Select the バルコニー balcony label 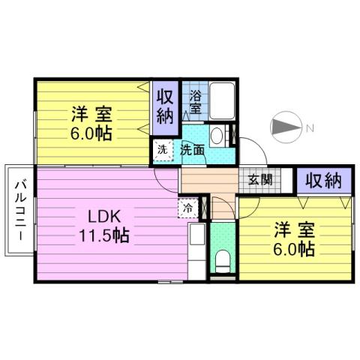pyautogui.click(x=20, y=209)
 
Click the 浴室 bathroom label pyautogui.click(x=195, y=102)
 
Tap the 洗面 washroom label pyautogui.click(x=192, y=149)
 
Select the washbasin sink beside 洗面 pyautogui.click(x=217, y=137)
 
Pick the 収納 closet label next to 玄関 pyautogui.click(x=324, y=180)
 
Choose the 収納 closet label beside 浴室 pyautogui.click(x=165, y=106)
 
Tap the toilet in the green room pyautogui.click(x=223, y=260)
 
